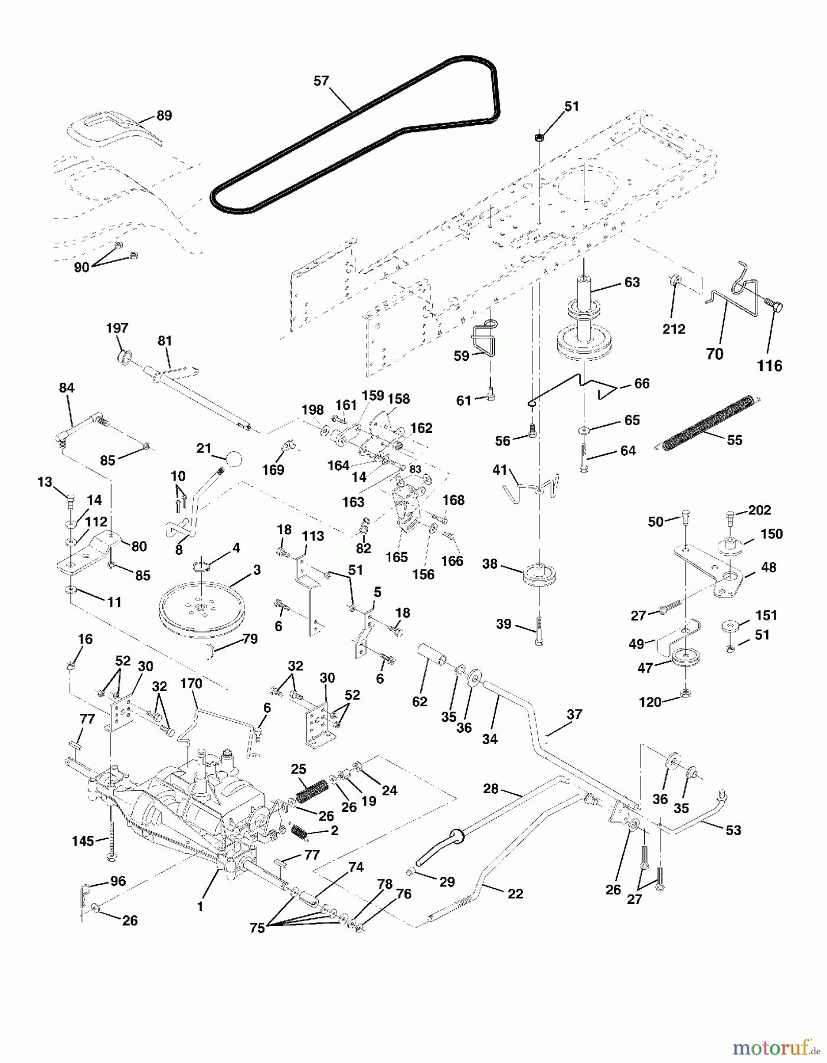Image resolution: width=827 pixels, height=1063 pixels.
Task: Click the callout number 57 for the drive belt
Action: click(321, 81)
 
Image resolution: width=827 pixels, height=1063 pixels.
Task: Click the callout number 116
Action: click(769, 366)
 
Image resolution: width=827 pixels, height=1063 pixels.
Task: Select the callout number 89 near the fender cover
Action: click(164, 115)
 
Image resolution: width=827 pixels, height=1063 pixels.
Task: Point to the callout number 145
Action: click(83, 840)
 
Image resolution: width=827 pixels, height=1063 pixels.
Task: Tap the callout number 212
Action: click(674, 329)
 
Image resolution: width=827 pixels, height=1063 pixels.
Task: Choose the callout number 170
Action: click(191, 684)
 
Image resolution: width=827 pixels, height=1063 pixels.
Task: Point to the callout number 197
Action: click(117, 328)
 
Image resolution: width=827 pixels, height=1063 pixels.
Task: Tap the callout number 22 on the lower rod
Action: click(515, 894)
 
